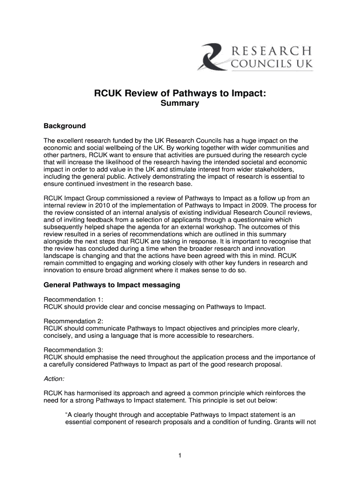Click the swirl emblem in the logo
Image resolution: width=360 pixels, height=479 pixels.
pos(213,56)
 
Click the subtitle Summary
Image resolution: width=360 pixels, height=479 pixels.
pos(180,104)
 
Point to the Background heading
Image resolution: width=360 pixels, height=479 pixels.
pos(65,126)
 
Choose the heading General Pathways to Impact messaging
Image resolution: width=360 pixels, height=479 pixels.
pos(112,285)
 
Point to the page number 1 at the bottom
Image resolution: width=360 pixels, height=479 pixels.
pos(180,456)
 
